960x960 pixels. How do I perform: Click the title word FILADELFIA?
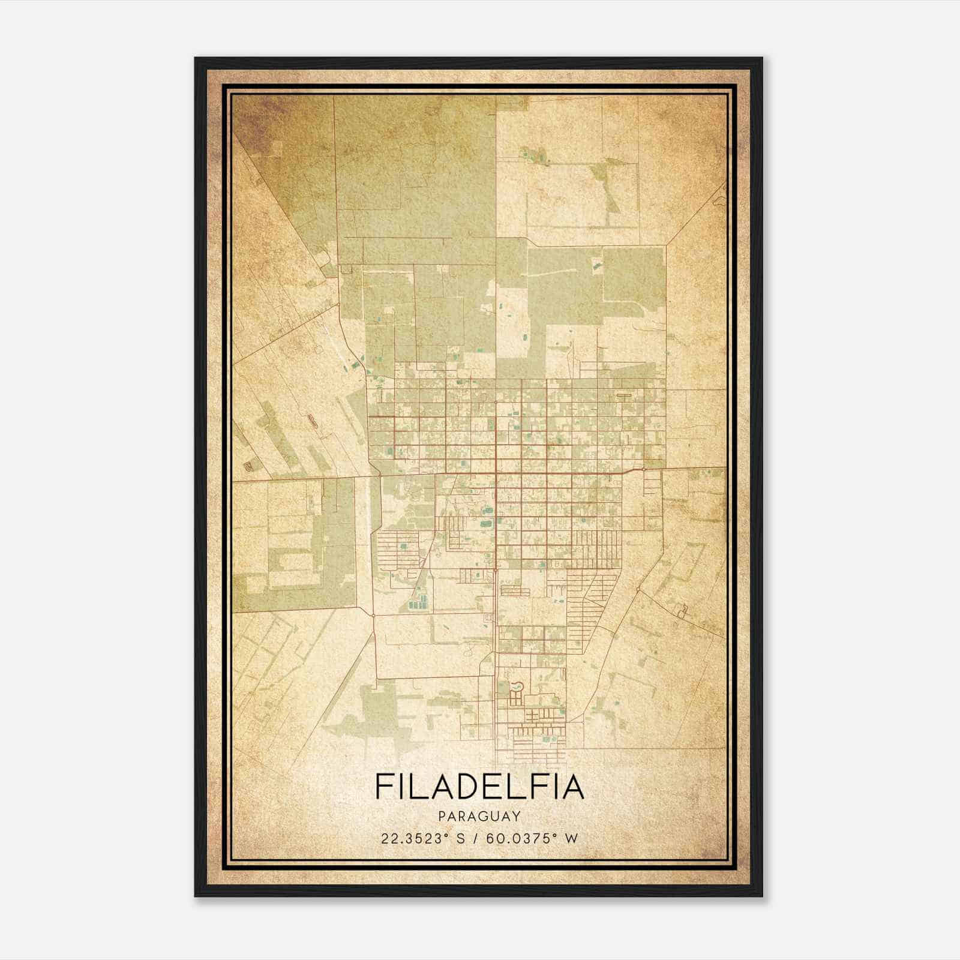point(479,787)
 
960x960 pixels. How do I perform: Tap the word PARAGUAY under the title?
point(479,816)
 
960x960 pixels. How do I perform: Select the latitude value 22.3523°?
point(414,838)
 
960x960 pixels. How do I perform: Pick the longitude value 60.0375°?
point(520,838)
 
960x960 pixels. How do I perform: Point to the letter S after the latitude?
point(460,838)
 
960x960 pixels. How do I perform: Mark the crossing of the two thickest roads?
point(496,473)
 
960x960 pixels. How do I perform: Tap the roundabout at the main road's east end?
point(643,469)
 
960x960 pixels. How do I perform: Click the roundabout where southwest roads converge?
point(373,615)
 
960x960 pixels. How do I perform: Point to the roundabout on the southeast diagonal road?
point(638,592)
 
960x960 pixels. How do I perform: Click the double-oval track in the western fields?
point(313,421)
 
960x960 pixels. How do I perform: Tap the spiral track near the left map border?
point(247,466)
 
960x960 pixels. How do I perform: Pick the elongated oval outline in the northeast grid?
point(623,395)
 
